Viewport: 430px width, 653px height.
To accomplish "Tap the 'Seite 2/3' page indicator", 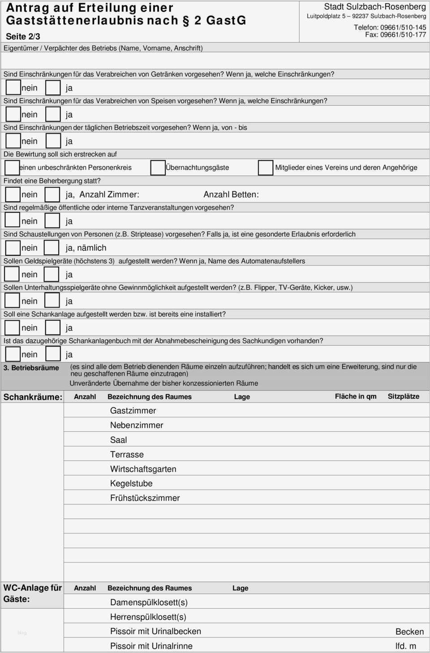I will [23, 37].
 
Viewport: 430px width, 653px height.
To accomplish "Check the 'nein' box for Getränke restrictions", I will [13, 87].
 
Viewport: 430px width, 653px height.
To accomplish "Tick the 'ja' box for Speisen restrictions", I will [53, 114].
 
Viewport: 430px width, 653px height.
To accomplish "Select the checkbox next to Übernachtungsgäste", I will [158, 168].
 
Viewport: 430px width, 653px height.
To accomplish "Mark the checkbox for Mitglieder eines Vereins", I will [265, 168].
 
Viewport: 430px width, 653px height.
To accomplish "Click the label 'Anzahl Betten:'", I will [231, 194].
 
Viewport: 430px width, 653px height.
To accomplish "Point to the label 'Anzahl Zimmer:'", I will [109, 194].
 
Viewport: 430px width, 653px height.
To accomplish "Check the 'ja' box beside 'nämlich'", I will [52, 248].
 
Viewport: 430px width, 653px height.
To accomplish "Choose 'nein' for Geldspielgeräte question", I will [12, 274].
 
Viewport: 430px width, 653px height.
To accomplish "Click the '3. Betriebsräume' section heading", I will [31, 368].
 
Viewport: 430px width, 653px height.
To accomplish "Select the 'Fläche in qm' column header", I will [356, 396].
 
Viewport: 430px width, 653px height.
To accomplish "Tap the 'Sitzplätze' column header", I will [404, 396].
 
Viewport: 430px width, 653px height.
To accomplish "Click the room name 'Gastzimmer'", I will [133, 411].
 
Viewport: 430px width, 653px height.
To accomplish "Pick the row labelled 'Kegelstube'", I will [131, 483].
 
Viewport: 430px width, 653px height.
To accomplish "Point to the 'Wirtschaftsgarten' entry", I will [143, 469].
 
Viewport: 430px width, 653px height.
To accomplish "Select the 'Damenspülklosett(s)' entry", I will [149, 602].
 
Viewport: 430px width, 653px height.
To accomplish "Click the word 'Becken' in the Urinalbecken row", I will [409, 632].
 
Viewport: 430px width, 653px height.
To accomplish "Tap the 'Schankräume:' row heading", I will [33, 397].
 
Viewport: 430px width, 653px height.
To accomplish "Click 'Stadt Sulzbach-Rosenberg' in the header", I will [375, 7].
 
